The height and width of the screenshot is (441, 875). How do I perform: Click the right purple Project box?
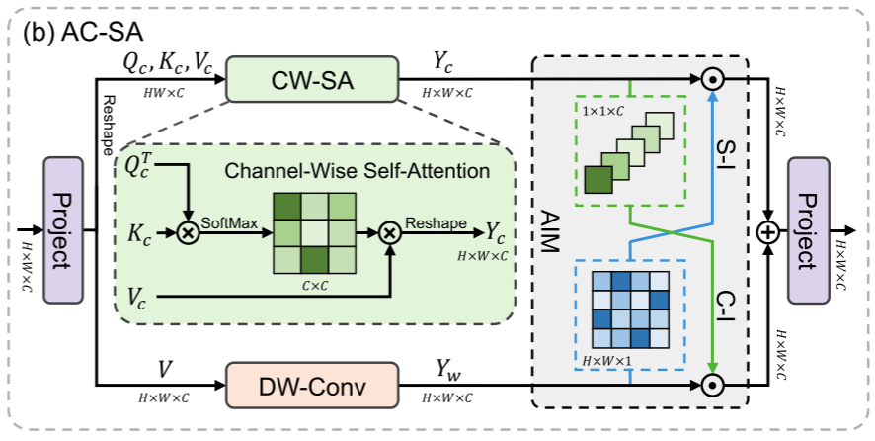(x=808, y=229)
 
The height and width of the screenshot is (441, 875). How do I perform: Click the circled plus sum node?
(x=767, y=230)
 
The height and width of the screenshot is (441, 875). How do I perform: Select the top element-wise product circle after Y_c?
(x=711, y=77)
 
